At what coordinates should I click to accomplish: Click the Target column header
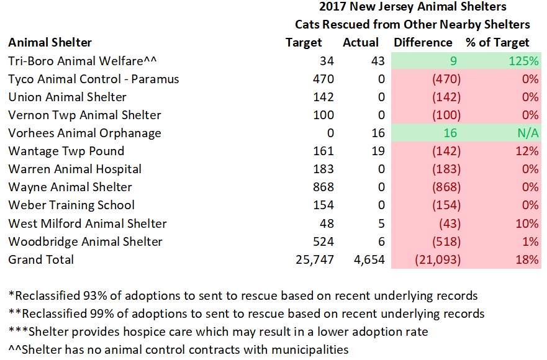304,43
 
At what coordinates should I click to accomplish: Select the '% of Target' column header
497,43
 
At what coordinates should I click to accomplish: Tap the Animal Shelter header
50,43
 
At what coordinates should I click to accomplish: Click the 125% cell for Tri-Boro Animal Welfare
525,61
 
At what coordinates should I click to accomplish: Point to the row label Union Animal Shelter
67,97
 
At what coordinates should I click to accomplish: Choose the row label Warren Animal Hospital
75,169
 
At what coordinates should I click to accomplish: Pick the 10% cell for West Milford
528,223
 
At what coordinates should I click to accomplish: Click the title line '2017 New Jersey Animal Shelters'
412,7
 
